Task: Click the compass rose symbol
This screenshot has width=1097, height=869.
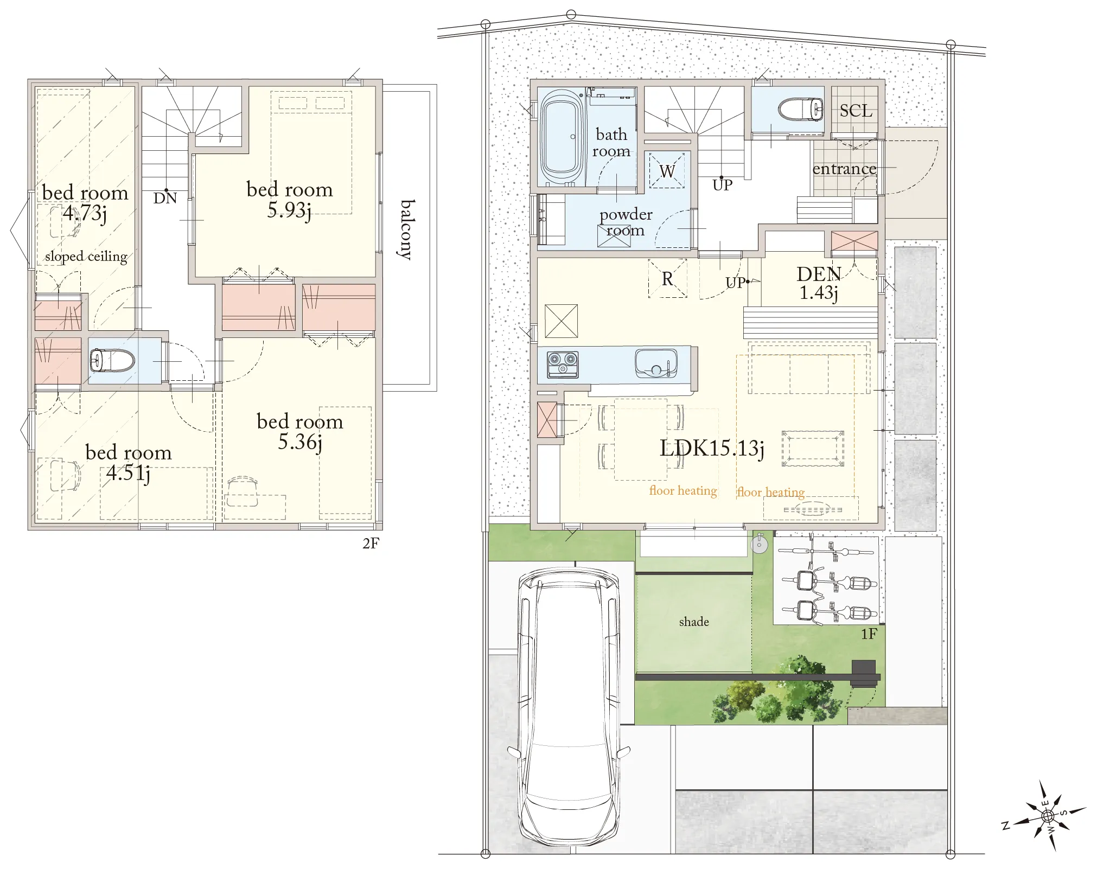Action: coord(1047,815)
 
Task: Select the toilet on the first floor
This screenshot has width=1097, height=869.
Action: coord(801,110)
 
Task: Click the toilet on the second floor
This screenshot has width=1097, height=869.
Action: coord(112,360)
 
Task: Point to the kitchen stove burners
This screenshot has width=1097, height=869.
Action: coord(563,364)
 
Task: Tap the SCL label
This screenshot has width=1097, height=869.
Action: coord(856,111)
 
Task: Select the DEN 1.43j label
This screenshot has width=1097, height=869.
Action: coord(819,283)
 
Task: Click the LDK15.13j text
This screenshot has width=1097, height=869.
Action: coord(712,449)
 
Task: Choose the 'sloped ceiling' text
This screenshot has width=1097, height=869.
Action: coord(86,256)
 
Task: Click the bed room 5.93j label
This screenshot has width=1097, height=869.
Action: coord(290,200)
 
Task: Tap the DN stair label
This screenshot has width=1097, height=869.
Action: coord(165,198)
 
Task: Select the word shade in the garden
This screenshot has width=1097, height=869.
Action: coord(694,622)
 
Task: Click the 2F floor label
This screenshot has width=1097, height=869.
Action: coord(371,544)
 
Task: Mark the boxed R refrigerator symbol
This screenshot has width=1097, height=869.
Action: coord(667,278)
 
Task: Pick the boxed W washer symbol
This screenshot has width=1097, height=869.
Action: coord(667,171)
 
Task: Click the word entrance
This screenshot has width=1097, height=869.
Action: coord(844,169)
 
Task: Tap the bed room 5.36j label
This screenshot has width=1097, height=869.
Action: coord(300,432)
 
